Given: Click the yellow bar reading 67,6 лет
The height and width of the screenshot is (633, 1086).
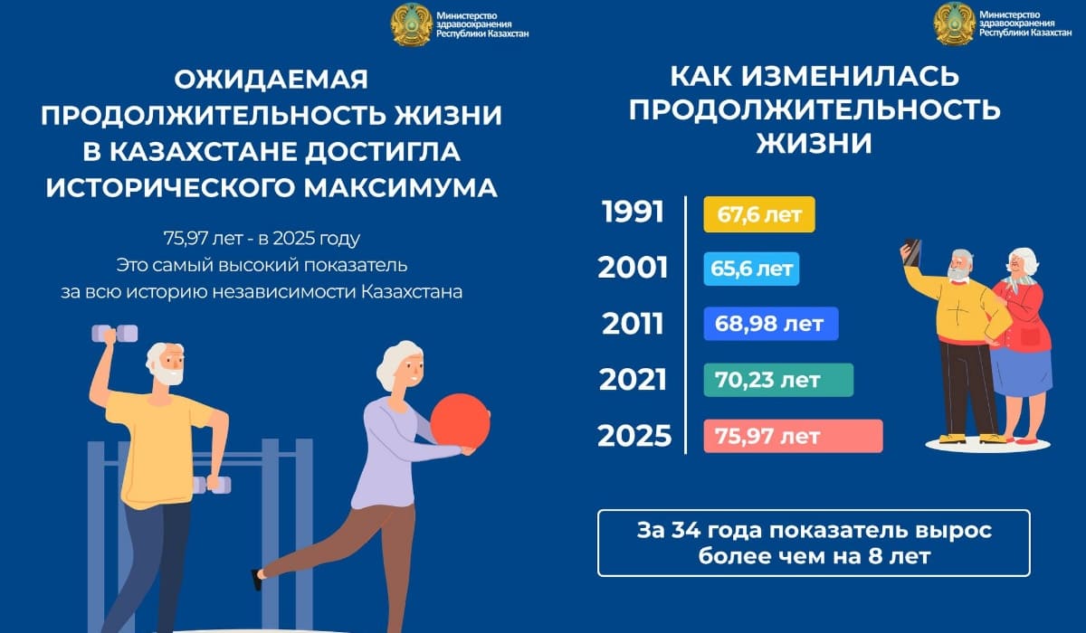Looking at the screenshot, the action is point(759,214).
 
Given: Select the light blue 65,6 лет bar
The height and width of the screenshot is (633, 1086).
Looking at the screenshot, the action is point(751,269).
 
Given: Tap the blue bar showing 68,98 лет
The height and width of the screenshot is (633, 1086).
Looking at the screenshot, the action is point(771,324).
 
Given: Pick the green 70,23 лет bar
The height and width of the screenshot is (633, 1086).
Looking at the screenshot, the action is point(778,380).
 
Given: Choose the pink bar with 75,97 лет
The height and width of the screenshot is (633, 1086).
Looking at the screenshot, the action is point(793,436).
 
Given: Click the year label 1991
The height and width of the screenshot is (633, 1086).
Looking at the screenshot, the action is point(633,213).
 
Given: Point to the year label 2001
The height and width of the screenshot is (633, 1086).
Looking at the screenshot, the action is point(633,268).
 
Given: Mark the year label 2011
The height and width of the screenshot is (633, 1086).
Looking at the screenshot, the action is point(633,324).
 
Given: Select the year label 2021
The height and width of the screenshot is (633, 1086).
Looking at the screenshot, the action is point(633,379).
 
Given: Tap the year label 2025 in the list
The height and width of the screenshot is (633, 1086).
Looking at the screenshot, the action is point(634,436).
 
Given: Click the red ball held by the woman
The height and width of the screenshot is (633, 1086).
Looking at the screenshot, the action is point(460,421).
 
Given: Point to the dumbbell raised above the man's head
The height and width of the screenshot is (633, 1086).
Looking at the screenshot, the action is point(115,333).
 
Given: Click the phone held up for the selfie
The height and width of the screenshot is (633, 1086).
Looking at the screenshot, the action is point(912,252).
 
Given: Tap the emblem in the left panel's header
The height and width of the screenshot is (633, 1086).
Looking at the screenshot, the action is point(412,24).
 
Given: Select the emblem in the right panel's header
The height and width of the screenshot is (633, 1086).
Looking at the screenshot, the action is point(954,24).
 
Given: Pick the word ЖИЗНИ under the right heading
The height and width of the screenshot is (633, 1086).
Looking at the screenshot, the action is point(814,144).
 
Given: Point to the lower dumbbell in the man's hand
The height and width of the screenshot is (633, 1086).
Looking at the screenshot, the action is point(212,485).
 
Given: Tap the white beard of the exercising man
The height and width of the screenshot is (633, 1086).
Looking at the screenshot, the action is point(167,374).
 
